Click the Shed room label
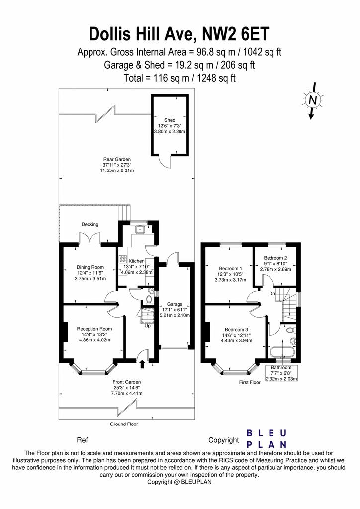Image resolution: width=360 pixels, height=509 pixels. [170, 120]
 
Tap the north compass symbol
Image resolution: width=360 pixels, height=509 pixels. [313, 100]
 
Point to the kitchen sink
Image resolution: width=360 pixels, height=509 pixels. [141, 229]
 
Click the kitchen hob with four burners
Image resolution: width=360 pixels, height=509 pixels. [123, 259]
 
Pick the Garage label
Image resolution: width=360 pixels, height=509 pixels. [175, 304]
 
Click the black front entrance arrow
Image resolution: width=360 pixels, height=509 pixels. [142, 364]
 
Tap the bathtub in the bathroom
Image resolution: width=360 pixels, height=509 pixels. [282, 352]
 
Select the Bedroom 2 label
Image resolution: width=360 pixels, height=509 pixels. [275, 258]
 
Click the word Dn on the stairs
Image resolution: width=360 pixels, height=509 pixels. [272, 293]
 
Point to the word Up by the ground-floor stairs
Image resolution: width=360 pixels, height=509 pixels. [147, 325]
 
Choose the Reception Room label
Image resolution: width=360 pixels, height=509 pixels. [94, 329]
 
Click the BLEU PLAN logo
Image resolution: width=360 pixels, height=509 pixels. [267, 439]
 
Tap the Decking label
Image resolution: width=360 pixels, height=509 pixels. [90, 224]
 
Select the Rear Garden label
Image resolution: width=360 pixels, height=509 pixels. [117, 159]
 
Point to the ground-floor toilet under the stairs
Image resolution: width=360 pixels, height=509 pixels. [149, 298]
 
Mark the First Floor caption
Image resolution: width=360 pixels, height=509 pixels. [250, 382]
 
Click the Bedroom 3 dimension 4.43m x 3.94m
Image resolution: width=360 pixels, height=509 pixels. [237, 340]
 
